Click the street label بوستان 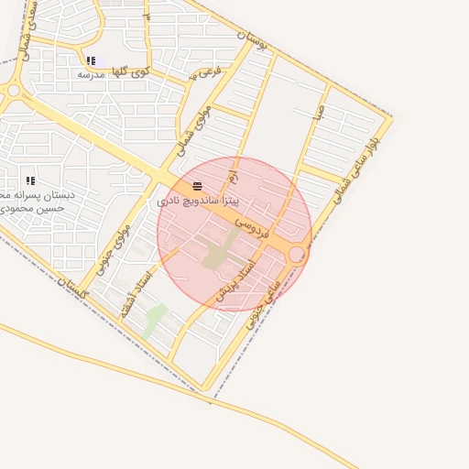(255, 41)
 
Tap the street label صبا (318, 113)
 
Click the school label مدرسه (90, 74)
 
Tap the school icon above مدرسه (90, 61)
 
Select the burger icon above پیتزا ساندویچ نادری (198, 186)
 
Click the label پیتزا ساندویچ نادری (198, 199)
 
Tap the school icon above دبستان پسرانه (30, 181)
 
